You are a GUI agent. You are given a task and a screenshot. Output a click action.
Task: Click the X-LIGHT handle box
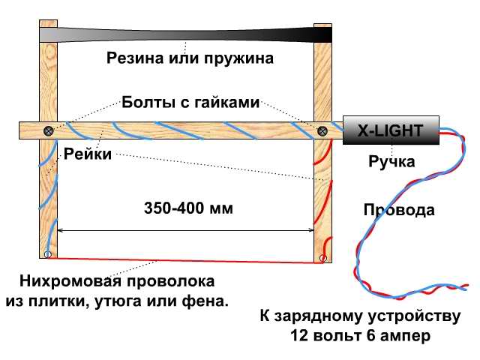391,130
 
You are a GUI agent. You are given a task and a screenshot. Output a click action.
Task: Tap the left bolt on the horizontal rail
48,130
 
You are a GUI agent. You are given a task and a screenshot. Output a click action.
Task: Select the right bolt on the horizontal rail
322,131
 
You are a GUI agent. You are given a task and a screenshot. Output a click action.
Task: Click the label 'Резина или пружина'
190,58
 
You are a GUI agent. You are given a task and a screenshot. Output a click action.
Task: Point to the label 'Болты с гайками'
190,102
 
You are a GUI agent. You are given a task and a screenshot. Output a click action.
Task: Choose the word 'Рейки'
88,154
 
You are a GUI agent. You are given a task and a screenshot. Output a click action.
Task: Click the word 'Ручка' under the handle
391,161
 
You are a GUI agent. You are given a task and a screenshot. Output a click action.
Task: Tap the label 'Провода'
399,210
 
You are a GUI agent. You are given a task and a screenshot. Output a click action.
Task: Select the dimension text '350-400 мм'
188,208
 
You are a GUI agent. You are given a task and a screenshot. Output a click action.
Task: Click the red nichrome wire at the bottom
185,260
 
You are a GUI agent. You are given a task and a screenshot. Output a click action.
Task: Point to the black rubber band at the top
186,35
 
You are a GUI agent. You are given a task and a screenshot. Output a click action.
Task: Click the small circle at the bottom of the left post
47,254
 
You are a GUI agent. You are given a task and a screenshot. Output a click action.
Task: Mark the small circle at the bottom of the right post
322,258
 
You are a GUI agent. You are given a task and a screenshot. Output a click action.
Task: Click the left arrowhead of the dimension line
60,230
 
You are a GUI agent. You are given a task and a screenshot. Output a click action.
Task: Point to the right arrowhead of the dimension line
311,230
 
